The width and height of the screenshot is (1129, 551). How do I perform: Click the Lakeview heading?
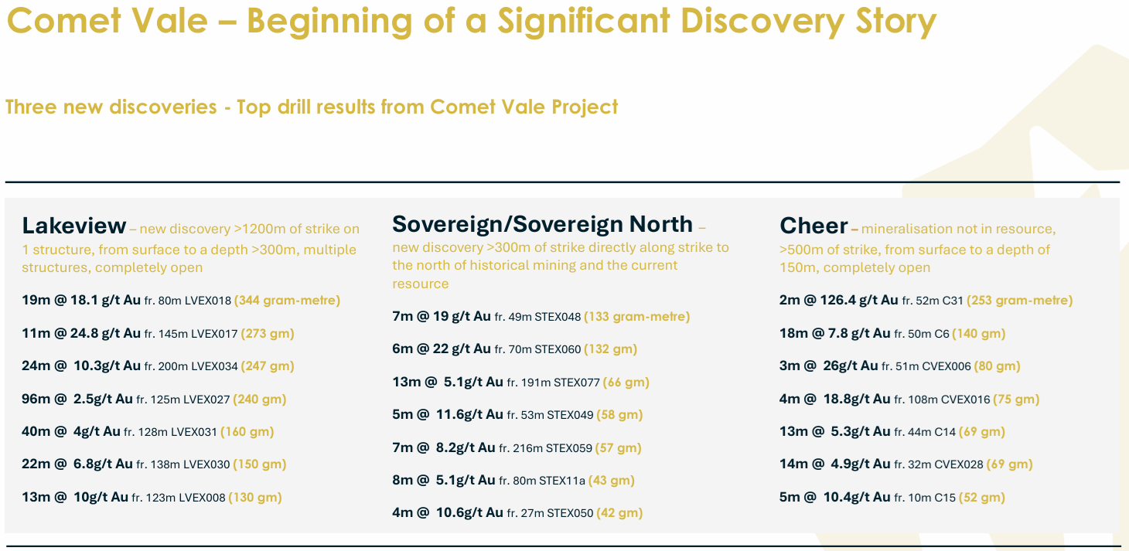tap(73, 226)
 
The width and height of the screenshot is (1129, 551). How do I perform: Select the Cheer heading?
tap(813, 226)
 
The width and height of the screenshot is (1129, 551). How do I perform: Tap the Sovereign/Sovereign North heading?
tap(542, 224)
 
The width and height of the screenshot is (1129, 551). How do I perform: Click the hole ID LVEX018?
tap(208, 301)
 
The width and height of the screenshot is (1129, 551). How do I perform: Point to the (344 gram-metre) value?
tap(288, 301)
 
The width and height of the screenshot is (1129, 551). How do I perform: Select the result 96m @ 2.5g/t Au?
tap(77, 399)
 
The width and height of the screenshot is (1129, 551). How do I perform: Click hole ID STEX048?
tap(558, 317)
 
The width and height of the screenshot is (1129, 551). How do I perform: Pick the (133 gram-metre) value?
tap(637, 317)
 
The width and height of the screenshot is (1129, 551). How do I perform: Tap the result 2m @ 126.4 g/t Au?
tap(839, 300)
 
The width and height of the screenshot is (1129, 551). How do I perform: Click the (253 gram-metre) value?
tap(1020, 301)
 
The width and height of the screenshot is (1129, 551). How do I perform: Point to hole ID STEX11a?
tap(562, 481)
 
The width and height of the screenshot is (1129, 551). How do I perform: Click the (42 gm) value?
tap(619, 513)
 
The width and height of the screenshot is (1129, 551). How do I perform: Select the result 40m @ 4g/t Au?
tap(71, 432)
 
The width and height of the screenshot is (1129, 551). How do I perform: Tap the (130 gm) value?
tap(255, 498)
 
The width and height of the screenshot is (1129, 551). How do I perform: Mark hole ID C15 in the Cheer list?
tap(945, 498)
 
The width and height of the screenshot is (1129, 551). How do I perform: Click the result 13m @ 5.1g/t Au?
tap(448, 383)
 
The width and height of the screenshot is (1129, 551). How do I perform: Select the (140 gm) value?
tap(979, 334)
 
